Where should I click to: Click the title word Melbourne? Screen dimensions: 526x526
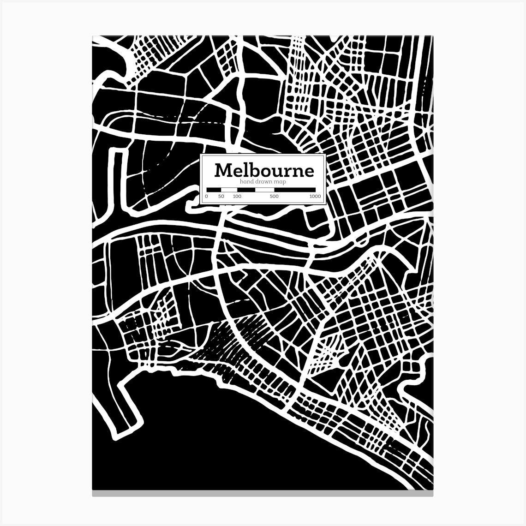pos(264,170)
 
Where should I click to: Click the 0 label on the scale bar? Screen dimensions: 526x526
pos(206,197)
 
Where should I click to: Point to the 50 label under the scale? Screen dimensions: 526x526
pos(221,197)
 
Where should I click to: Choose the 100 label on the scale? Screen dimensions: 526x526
pos(237,197)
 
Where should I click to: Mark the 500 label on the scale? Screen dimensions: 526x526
pos(274,197)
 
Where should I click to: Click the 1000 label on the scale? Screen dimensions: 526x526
pos(315,197)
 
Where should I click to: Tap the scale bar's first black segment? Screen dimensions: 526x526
pos(214,190)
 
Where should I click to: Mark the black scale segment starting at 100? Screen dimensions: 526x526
pos(246,190)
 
